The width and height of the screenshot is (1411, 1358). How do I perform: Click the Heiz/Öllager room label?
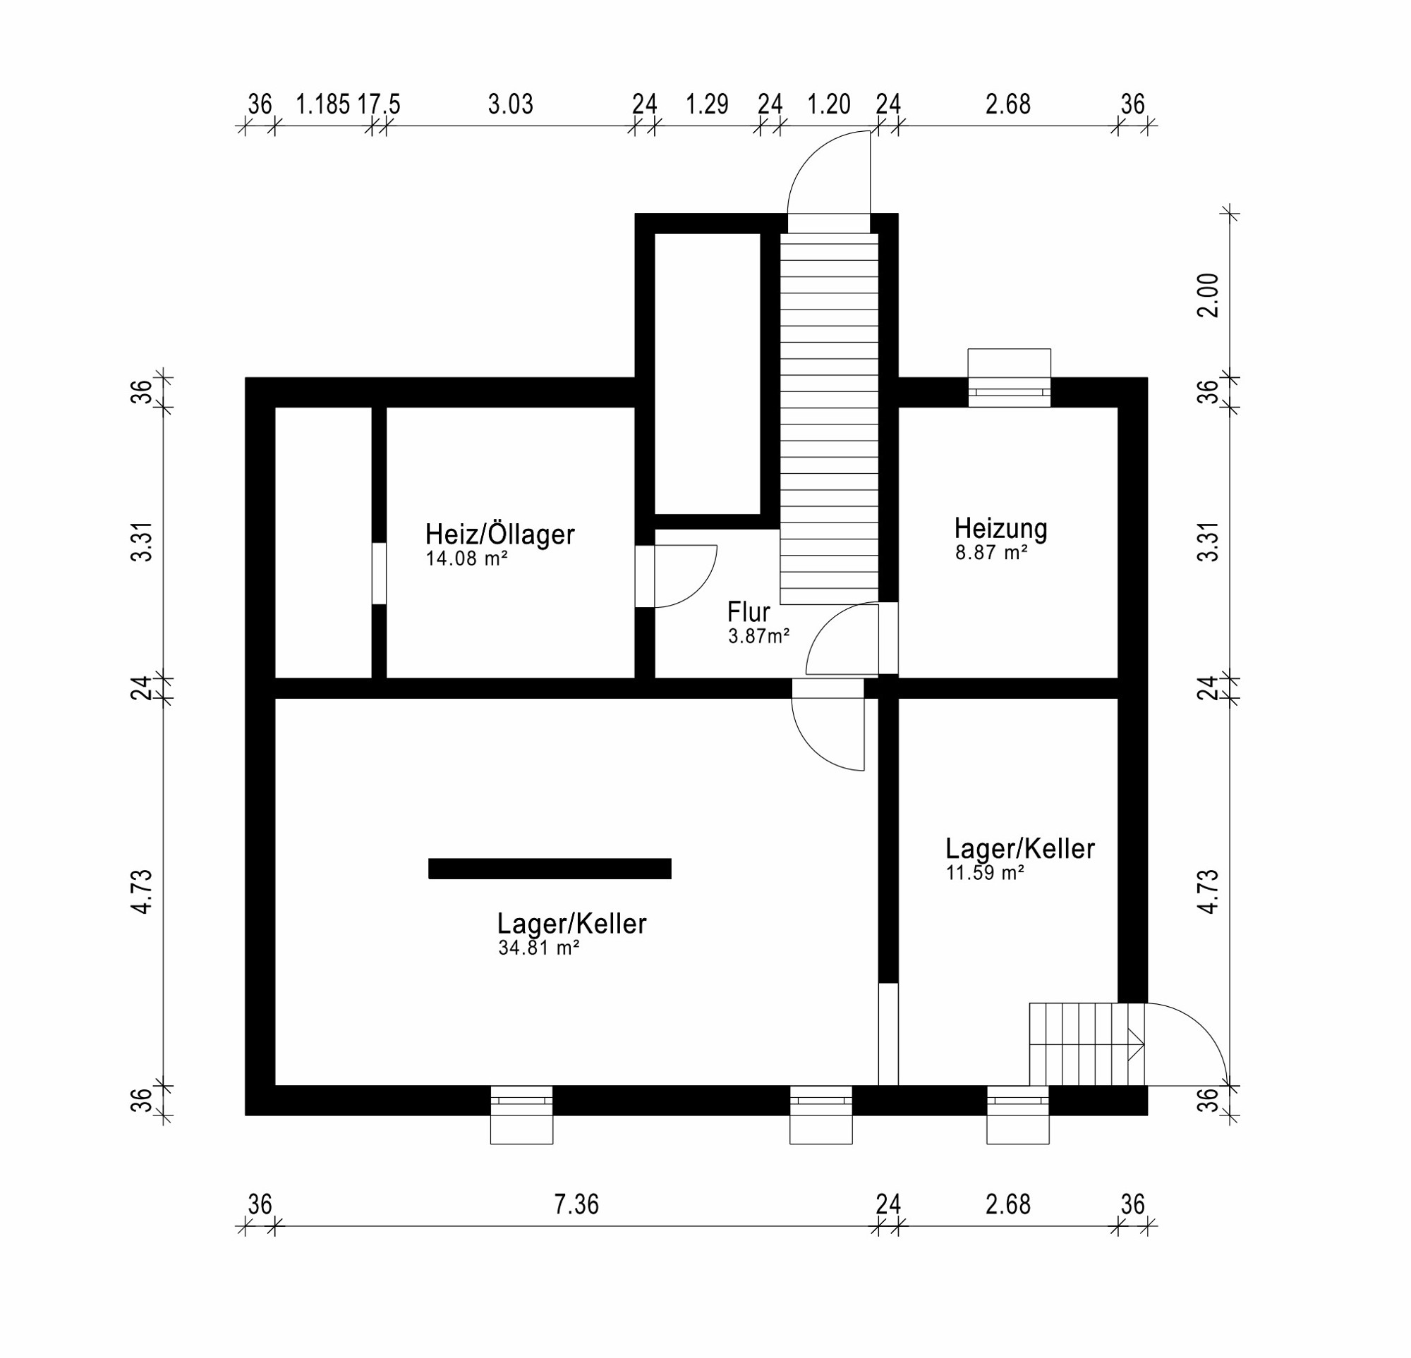pos(499,534)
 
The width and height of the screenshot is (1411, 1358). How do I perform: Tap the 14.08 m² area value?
pos(466,558)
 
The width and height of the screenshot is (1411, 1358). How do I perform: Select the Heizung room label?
pos(1000,529)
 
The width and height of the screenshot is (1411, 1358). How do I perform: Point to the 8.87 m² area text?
pos(991,553)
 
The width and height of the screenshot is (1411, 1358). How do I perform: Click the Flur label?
pos(748,612)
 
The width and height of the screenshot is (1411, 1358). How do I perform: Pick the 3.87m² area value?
pos(759,636)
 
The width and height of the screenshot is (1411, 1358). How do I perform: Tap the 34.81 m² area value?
pos(538,948)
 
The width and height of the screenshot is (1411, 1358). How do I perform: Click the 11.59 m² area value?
pos(985,873)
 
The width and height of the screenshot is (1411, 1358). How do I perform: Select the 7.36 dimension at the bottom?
pos(576,1204)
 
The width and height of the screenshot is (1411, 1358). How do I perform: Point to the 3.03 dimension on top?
pos(510,104)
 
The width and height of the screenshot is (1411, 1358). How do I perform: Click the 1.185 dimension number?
pos(322,104)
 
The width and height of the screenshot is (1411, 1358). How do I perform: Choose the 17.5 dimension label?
pos(379,104)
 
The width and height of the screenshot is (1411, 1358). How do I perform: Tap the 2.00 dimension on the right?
pos(1209,295)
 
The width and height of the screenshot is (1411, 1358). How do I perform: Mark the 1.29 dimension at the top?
pos(707,104)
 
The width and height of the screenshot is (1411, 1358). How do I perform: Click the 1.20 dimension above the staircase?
pos(828,104)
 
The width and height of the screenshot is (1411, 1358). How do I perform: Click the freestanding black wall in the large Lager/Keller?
pos(550,869)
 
